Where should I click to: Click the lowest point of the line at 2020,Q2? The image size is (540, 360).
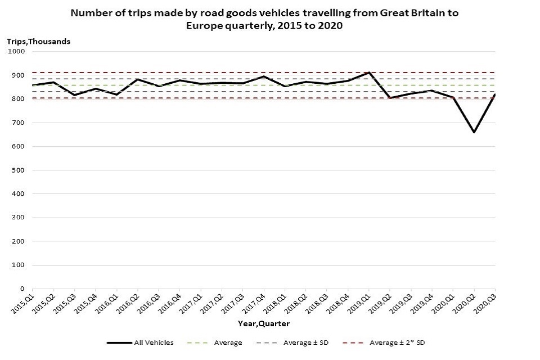(474, 132)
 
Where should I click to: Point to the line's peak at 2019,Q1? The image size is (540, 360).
(369, 73)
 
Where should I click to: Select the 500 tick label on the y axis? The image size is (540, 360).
(19, 170)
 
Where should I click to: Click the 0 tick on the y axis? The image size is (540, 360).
(22, 289)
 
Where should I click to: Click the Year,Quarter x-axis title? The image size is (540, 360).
(264, 323)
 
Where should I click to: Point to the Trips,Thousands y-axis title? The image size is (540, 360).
(38, 40)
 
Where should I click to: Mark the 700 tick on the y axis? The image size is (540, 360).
(19, 123)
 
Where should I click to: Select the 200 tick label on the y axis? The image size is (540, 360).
(19, 241)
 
